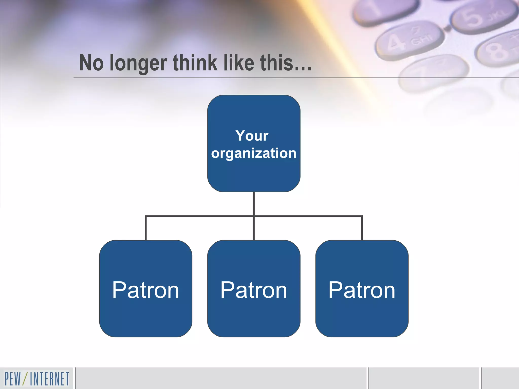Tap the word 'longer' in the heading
(x=138, y=63)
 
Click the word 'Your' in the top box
(x=252, y=136)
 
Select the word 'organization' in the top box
(x=254, y=153)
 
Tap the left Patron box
(x=146, y=289)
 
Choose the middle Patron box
(x=254, y=289)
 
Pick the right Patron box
(x=362, y=289)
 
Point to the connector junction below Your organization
(x=254, y=216)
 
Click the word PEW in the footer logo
(x=13, y=379)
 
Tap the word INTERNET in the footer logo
(x=49, y=379)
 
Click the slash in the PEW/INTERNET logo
(x=25, y=379)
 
